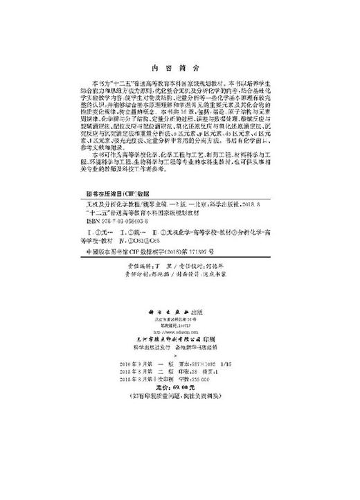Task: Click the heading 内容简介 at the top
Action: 179,69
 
